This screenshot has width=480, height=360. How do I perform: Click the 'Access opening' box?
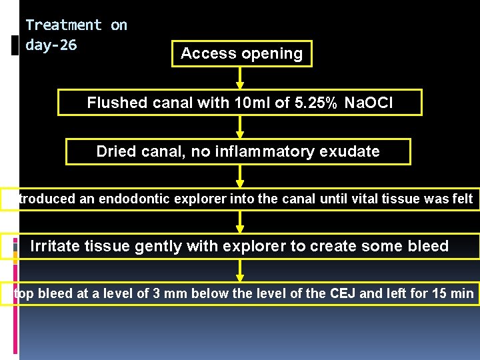[x=241, y=53]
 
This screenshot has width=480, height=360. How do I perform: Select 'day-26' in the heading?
[x=51, y=45]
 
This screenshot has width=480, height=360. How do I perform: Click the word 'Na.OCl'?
[x=369, y=103]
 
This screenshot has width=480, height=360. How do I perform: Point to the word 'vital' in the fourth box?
[x=361, y=199]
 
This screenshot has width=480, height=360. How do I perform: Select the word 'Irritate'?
[x=57, y=247]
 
